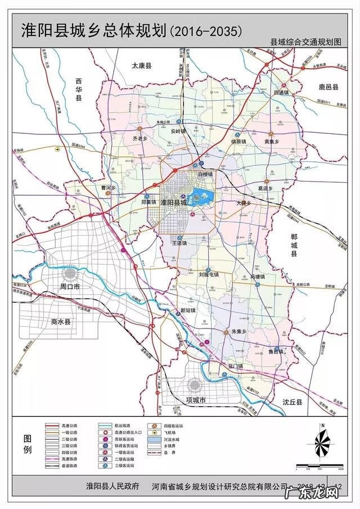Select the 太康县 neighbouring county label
tap(142, 66)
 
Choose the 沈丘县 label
tap(292, 403)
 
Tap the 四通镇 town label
tap(281, 91)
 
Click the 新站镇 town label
tap(187, 310)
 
